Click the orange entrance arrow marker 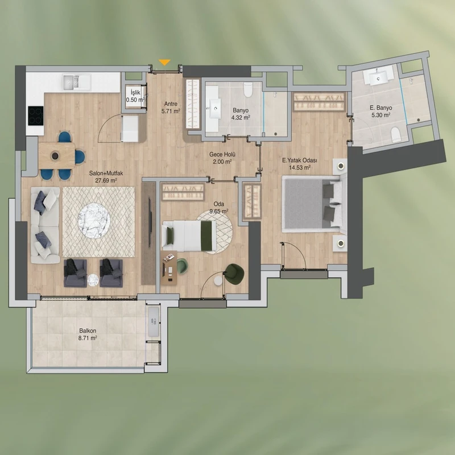coord(164,63)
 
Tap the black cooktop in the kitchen coord(35,115)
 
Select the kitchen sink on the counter coord(71,81)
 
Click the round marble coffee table coord(94,221)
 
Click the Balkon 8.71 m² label coord(88,334)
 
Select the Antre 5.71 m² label coord(171,107)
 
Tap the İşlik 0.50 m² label coord(135,96)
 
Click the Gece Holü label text coord(222,154)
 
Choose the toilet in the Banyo coord(248,89)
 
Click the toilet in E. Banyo coord(395,135)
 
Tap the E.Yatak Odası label coord(300,160)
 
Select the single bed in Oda coord(189,235)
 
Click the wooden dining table coord(56,155)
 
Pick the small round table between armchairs coord(93,280)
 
